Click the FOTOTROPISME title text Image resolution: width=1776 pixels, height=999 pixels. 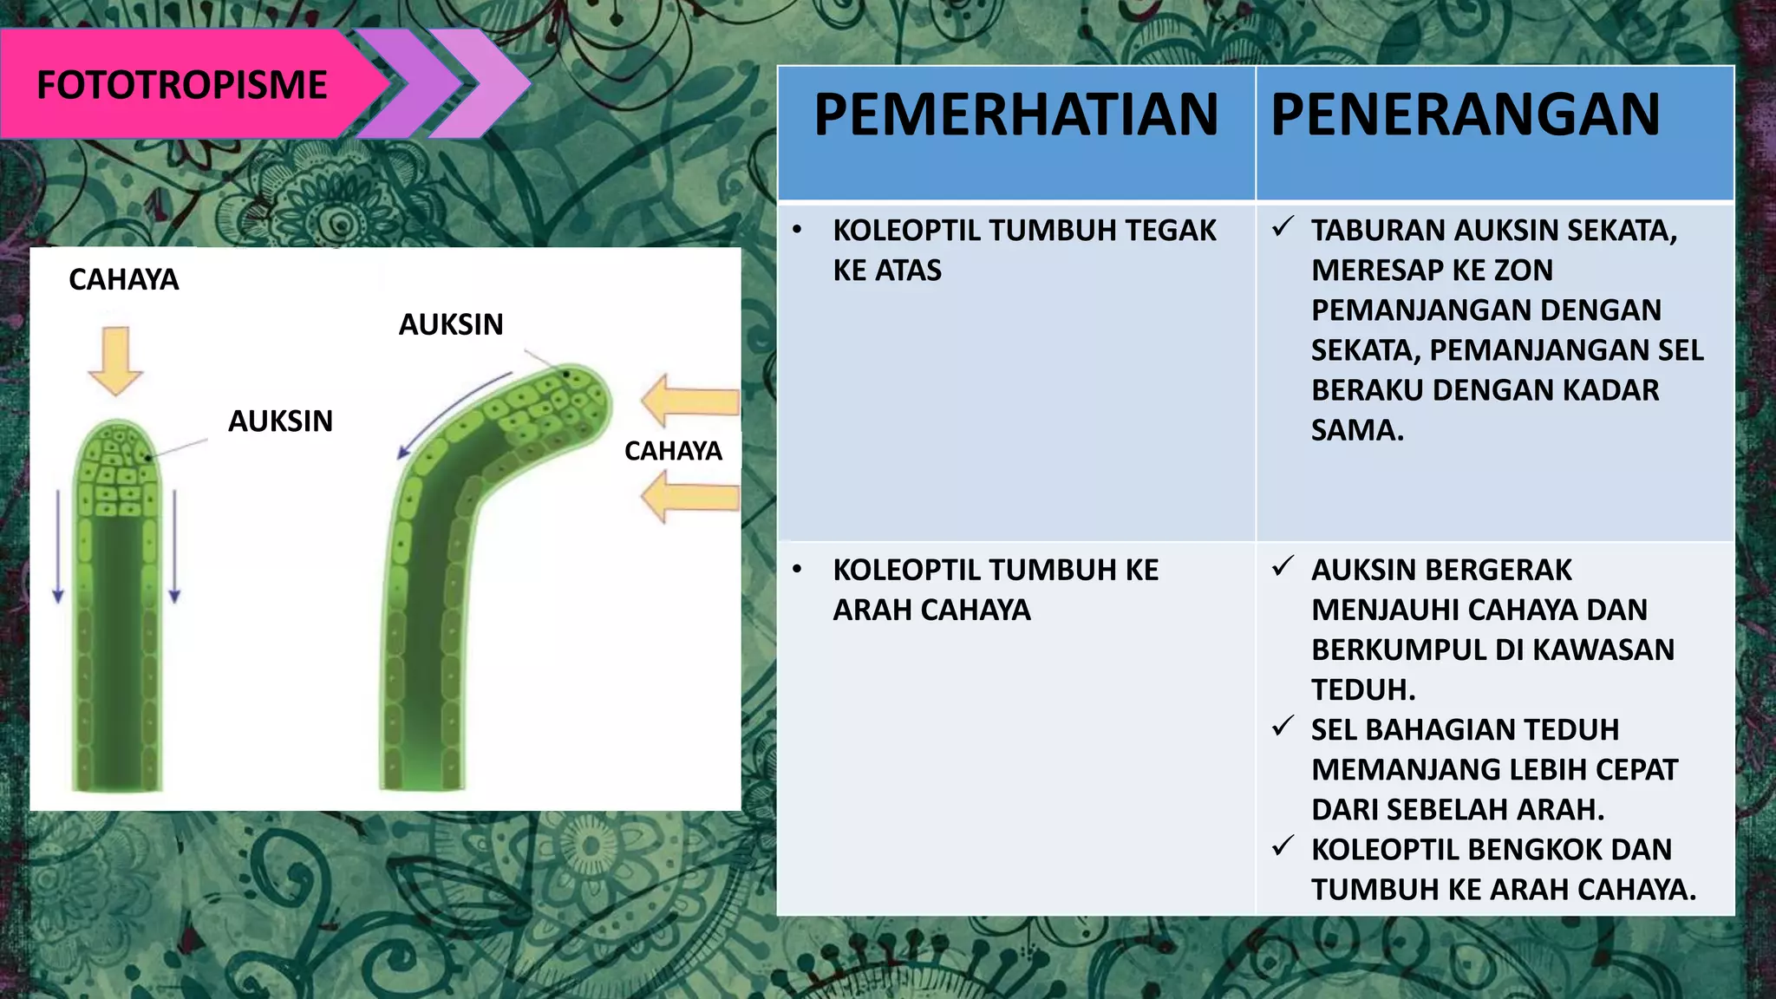(x=181, y=85)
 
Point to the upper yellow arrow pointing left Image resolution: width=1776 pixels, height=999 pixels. (x=689, y=402)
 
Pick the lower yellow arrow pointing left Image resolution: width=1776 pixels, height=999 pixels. (x=689, y=497)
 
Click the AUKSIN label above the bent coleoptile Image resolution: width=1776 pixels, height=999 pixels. (x=451, y=324)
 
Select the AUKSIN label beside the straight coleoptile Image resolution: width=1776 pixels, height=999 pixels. (x=280, y=421)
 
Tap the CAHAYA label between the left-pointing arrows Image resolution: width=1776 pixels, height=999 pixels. (x=673, y=451)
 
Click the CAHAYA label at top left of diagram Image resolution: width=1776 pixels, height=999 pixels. (x=123, y=279)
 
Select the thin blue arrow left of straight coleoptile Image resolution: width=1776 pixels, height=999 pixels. (x=58, y=546)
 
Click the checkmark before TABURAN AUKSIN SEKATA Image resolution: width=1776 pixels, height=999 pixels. (x=1283, y=227)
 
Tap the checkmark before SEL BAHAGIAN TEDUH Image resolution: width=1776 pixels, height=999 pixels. (x=1283, y=726)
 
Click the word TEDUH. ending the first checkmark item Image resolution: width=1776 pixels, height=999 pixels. (x=1363, y=689)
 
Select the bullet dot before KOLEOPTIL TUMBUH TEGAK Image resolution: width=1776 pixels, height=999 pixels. (x=797, y=231)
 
